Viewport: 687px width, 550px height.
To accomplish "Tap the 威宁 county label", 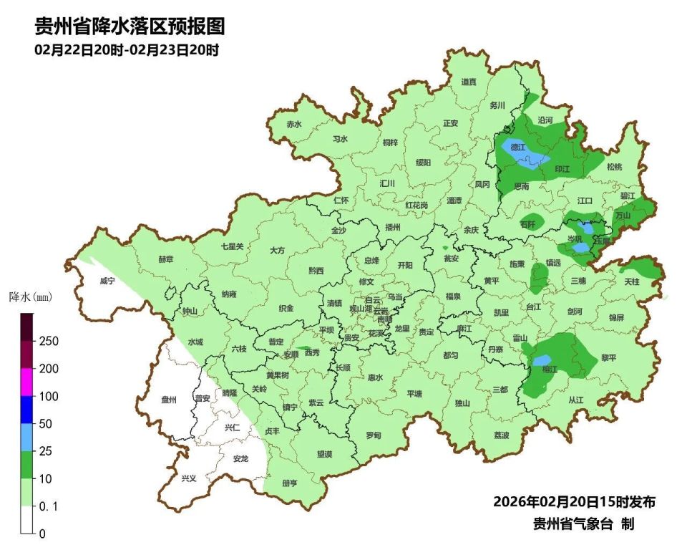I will point(108,281).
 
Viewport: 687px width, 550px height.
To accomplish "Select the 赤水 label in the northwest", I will point(294,124).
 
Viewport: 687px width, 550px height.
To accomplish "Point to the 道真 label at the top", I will point(469,82).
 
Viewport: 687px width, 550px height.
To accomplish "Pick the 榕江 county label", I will point(550,370).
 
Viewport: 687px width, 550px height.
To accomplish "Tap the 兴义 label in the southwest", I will point(189,478).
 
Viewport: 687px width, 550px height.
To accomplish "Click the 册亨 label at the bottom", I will point(289,483).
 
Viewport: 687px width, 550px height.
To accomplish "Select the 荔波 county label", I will point(502,435).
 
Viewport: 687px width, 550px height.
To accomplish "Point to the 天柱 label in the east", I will point(632,282).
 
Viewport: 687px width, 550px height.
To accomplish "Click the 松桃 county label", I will point(614,167).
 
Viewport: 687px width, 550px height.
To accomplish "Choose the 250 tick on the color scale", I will point(49,341).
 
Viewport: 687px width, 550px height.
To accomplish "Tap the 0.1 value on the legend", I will point(47,506).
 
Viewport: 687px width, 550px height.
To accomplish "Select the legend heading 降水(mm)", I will point(31,296).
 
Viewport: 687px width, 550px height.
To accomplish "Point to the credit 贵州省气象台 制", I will point(583,524).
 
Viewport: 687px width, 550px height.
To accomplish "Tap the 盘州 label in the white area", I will point(169,400).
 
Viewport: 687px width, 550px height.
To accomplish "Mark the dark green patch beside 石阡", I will point(532,219).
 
